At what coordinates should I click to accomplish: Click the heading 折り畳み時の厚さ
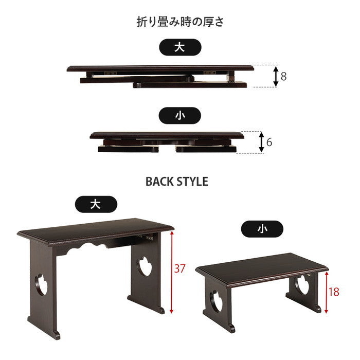179,22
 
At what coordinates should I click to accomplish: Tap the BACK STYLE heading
177,182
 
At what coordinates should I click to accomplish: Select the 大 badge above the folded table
179,47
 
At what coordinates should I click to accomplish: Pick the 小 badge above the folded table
179,116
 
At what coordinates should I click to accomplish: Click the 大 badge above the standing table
95,204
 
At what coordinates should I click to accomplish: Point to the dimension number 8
283,77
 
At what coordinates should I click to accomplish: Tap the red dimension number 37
180,268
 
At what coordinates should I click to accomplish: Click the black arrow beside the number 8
276,76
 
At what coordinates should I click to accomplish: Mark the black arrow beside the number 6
262,141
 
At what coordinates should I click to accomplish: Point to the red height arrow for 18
325,291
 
